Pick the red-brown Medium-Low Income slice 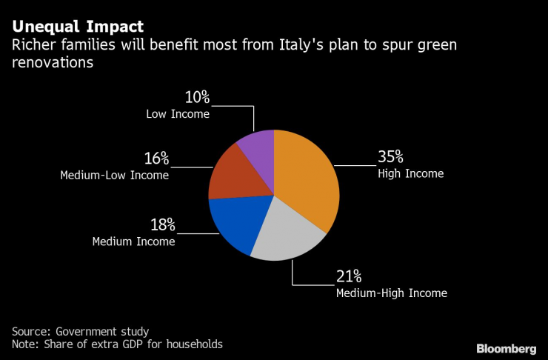[x=233, y=174]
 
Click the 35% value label [x=390, y=157]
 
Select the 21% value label [x=348, y=276]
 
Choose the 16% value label [x=156, y=159]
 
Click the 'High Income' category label [x=410, y=174]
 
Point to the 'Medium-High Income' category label [x=391, y=293]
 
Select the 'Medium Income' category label [x=133, y=241]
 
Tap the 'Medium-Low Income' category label [x=114, y=176]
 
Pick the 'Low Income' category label [x=177, y=114]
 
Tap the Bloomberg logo [x=506, y=348]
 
